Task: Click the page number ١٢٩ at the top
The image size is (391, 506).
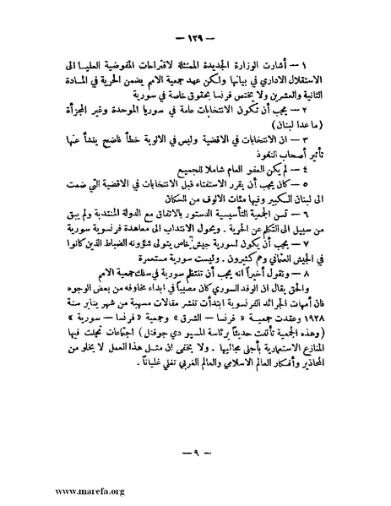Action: coord(195,41)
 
